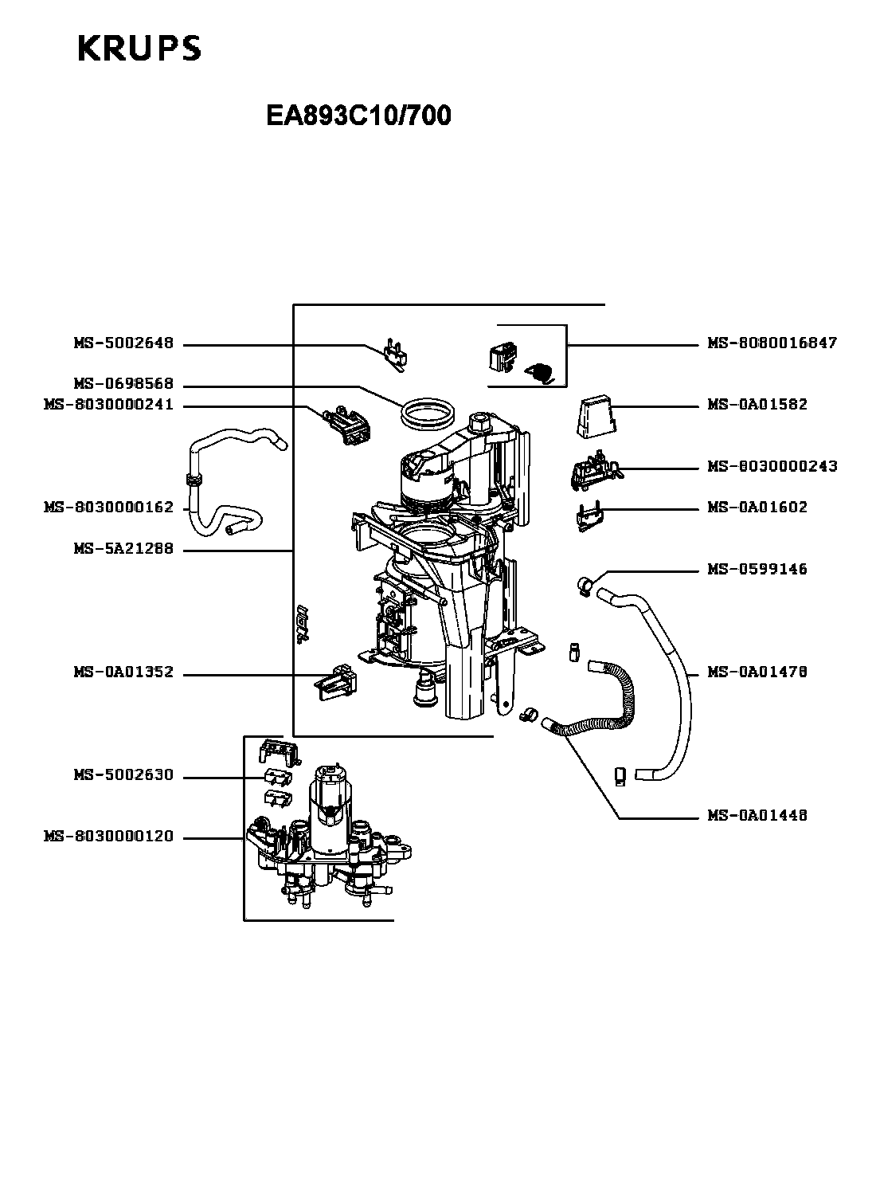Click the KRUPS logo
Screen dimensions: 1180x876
tap(139, 49)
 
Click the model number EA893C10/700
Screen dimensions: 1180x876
tap(358, 116)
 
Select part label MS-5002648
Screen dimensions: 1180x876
tap(123, 344)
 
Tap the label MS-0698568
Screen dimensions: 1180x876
tap(123, 384)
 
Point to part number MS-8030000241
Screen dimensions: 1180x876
tap(108, 405)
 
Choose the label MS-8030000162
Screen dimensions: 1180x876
tap(108, 507)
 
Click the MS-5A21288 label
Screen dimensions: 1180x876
tap(123, 550)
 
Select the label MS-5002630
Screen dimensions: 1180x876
tap(123, 775)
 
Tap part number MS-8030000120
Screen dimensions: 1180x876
tap(108, 837)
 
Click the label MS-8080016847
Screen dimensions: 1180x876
tap(772, 343)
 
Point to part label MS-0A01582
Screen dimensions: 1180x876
tap(757, 404)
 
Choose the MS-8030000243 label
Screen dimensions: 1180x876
tap(772, 466)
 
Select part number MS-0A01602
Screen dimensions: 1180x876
tap(757, 507)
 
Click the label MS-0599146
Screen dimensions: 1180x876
tap(757, 569)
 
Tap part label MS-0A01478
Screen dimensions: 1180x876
tap(757, 672)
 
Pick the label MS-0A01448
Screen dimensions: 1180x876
tap(757, 815)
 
